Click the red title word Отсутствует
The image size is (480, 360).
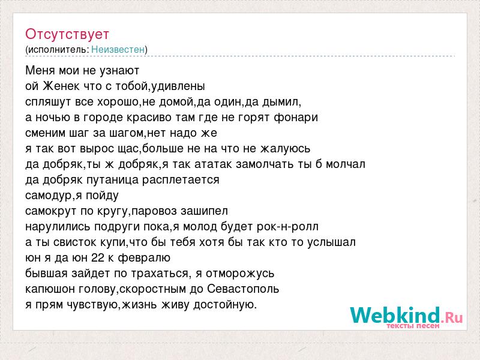point(67,34)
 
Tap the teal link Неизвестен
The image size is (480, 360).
point(118,50)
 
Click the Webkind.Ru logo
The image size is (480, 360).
point(406,317)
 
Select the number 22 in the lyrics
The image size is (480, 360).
point(98,258)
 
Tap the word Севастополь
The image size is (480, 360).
point(243,289)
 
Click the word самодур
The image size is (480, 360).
point(49,196)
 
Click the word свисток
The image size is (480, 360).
point(76,242)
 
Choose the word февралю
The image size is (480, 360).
point(144,258)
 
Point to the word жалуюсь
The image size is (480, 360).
point(286,149)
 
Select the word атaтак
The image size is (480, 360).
point(214,164)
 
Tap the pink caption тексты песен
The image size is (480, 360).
point(413,326)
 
